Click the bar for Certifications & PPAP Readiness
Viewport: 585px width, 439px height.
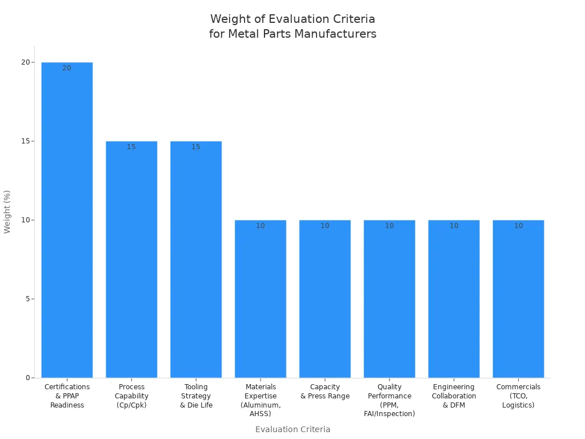pyautogui.click(x=67, y=220)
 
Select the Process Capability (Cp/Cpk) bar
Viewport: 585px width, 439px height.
pyautogui.click(x=131, y=260)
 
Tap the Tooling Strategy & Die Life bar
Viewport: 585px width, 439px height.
pyautogui.click(x=196, y=260)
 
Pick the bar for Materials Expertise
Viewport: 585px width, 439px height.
pyautogui.click(x=261, y=299)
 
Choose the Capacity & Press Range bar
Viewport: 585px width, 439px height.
pyautogui.click(x=325, y=299)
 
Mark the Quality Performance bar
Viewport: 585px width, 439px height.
pyautogui.click(x=390, y=299)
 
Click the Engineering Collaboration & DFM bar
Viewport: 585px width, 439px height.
pyautogui.click(x=454, y=299)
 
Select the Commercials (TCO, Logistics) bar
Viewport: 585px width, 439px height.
pyautogui.click(x=519, y=299)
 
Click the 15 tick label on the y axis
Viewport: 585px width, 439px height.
pyautogui.click(x=26, y=141)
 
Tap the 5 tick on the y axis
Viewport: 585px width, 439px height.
pyautogui.click(x=28, y=299)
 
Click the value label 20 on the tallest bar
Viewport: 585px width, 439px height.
pyautogui.click(x=67, y=68)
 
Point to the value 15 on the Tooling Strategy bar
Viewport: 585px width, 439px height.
pyautogui.click(x=196, y=147)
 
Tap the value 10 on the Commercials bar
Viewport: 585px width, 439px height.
pyautogui.click(x=519, y=226)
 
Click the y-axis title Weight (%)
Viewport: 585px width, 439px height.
pyautogui.click(x=7, y=212)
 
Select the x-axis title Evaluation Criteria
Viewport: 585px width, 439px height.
pyautogui.click(x=293, y=429)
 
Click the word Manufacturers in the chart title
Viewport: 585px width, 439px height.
pyautogui.click(x=335, y=34)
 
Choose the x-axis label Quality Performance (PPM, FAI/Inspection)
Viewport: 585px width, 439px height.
pyautogui.click(x=390, y=400)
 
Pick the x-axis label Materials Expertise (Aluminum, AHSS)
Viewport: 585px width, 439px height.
pyautogui.click(x=261, y=400)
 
